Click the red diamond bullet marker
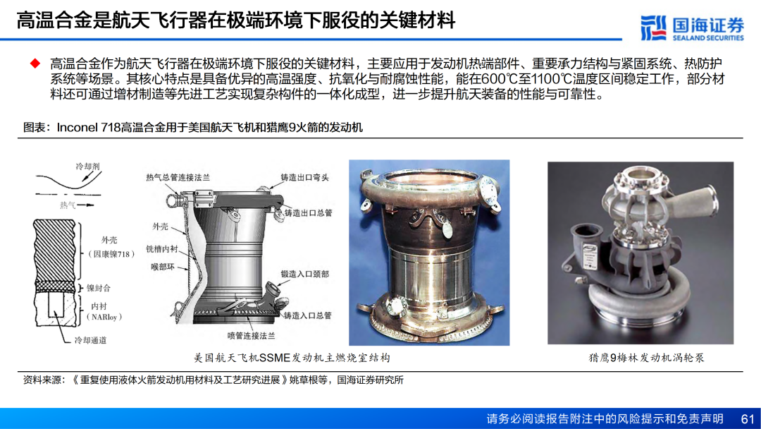point(35,64)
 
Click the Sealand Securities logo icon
point(653,28)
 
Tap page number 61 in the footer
point(748,419)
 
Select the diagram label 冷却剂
point(87,166)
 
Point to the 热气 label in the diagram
point(68,205)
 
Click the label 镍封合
point(99,288)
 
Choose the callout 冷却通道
point(90,340)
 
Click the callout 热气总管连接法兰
point(178,178)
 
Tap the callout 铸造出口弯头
point(305,177)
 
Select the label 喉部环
point(163,267)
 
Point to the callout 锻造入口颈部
point(305,274)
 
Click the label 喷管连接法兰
point(251,336)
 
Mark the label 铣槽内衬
point(162,249)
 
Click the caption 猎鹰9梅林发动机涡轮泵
point(646,358)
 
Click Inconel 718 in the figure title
point(88,127)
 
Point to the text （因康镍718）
point(111,254)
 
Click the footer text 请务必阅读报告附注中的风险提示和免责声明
point(605,419)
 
